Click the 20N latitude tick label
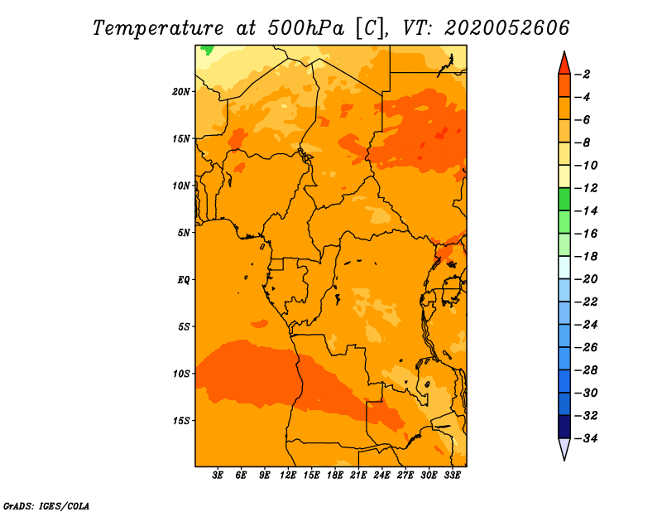pyautogui.click(x=181, y=92)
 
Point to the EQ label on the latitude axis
pyautogui.click(x=183, y=280)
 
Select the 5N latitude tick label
pyautogui.click(x=184, y=233)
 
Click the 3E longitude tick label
pyautogui.click(x=218, y=476)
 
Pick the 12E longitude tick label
pyautogui.click(x=288, y=476)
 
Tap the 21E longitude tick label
pyautogui.click(x=358, y=476)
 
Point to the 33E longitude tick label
pyautogui.click(x=452, y=476)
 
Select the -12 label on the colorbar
pyautogui.click(x=586, y=188)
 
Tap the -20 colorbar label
pyautogui.click(x=586, y=279)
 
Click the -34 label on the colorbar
pyautogui.click(x=586, y=438)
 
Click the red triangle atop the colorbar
pyautogui.click(x=564, y=65)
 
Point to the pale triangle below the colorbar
pyautogui.click(x=564, y=447)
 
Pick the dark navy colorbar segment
pyautogui.click(x=564, y=427)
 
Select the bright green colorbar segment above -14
pyautogui.click(x=564, y=200)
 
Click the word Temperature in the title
pyautogui.click(x=158, y=28)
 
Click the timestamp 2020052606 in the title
pyautogui.click(x=507, y=28)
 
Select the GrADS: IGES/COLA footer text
pyautogui.click(x=46, y=505)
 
